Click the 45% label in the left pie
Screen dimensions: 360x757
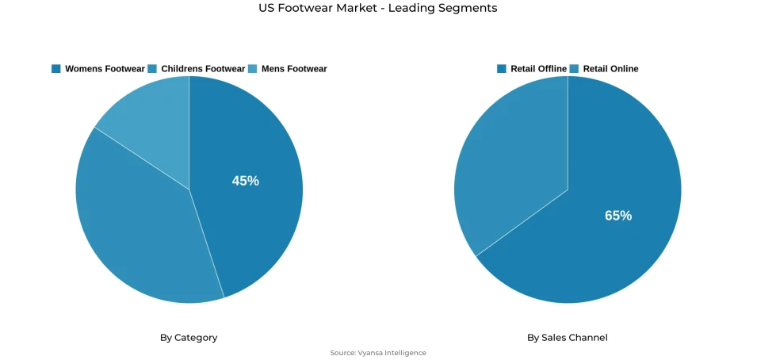tap(245, 181)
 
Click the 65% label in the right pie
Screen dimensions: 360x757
tap(618, 216)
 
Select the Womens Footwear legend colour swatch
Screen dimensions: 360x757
tap(56, 69)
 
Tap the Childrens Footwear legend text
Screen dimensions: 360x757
tap(203, 69)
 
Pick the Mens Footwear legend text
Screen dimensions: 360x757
tap(294, 69)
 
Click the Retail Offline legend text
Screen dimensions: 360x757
tap(538, 69)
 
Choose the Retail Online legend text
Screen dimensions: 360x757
tap(610, 69)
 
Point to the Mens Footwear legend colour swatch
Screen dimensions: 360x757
tap(253, 69)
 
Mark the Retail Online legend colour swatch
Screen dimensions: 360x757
tap(575, 69)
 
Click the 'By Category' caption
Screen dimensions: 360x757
tap(189, 338)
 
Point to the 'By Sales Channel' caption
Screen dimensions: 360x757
tap(568, 338)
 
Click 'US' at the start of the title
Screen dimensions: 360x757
tap(266, 8)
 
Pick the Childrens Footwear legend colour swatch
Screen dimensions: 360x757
tap(152, 69)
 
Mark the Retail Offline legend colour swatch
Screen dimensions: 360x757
tap(502, 69)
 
